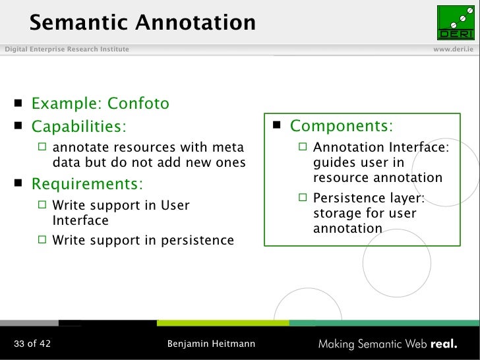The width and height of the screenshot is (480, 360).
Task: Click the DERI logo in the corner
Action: [x=455, y=22]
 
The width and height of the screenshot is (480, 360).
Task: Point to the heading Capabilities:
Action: [x=78, y=125]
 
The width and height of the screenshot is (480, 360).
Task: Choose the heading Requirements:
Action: [x=87, y=183]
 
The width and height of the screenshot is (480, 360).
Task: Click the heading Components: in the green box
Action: [x=342, y=125]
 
